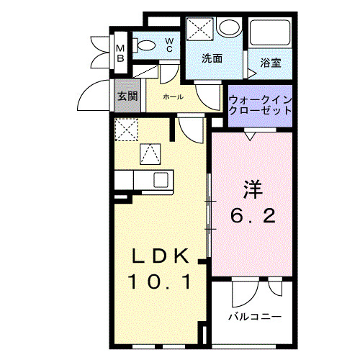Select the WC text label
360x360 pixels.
tap(168, 45)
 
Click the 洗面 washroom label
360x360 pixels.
tap(212, 58)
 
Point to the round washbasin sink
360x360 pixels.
tap(229, 27)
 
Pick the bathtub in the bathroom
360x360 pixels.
tap(271, 33)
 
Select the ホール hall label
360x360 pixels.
tap(173, 96)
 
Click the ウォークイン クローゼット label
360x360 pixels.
tap(260, 105)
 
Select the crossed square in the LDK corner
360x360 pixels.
tap(127, 130)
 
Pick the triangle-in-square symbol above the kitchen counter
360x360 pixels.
tap(150, 153)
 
